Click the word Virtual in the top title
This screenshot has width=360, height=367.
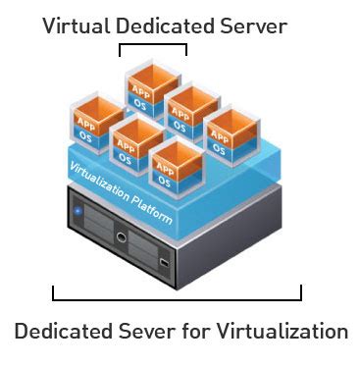coord(75,26)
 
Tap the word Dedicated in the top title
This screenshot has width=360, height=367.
coord(164,26)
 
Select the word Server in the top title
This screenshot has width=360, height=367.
coord(255,26)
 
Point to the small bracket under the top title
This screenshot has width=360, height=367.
coord(152,45)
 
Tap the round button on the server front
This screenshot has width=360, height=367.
coord(121,236)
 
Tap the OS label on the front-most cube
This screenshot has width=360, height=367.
coord(164,181)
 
